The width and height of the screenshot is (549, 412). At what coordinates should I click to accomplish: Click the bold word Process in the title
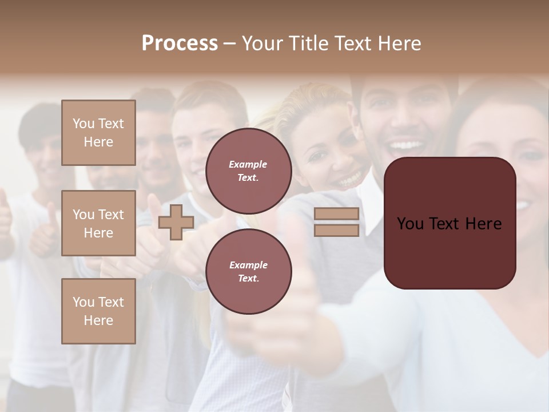pyautogui.click(x=180, y=43)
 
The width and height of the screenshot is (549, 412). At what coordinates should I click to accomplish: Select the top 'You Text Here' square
pyautogui.click(x=98, y=133)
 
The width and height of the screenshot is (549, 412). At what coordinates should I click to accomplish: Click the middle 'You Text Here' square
pyautogui.click(x=98, y=223)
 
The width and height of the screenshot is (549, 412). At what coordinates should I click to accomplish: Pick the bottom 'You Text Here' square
pyautogui.click(x=98, y=311)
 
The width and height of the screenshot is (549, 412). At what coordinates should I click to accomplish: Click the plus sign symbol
pyautogui.click(x=176, y=222)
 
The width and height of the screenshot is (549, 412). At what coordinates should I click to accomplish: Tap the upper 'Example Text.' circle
pyautogui.click(x=248, y=171)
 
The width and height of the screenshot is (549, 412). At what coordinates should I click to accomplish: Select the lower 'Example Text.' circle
pyautogui.click(x=248, y=271)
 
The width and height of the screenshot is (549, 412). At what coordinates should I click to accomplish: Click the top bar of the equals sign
pyautogui.click(x=336, y=214)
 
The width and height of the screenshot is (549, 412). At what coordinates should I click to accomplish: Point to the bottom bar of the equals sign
pyautogui.click(x=336, y=230)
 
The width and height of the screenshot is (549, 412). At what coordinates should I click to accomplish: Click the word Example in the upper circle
pyautogui.click(x=248, y=164)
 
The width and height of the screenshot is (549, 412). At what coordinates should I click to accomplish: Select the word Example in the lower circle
pyautogui.click(x=248, y=265)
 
